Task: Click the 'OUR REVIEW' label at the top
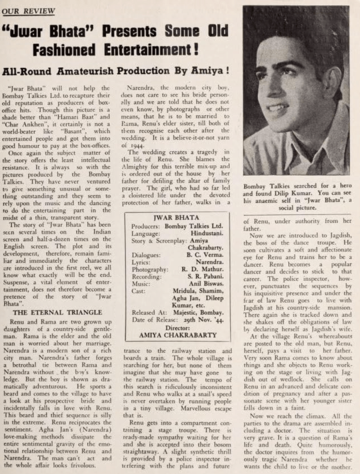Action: [x=29, y=11]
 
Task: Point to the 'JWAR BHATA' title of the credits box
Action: [x=176, y=217]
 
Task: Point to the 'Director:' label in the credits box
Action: [x=178, y=327]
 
